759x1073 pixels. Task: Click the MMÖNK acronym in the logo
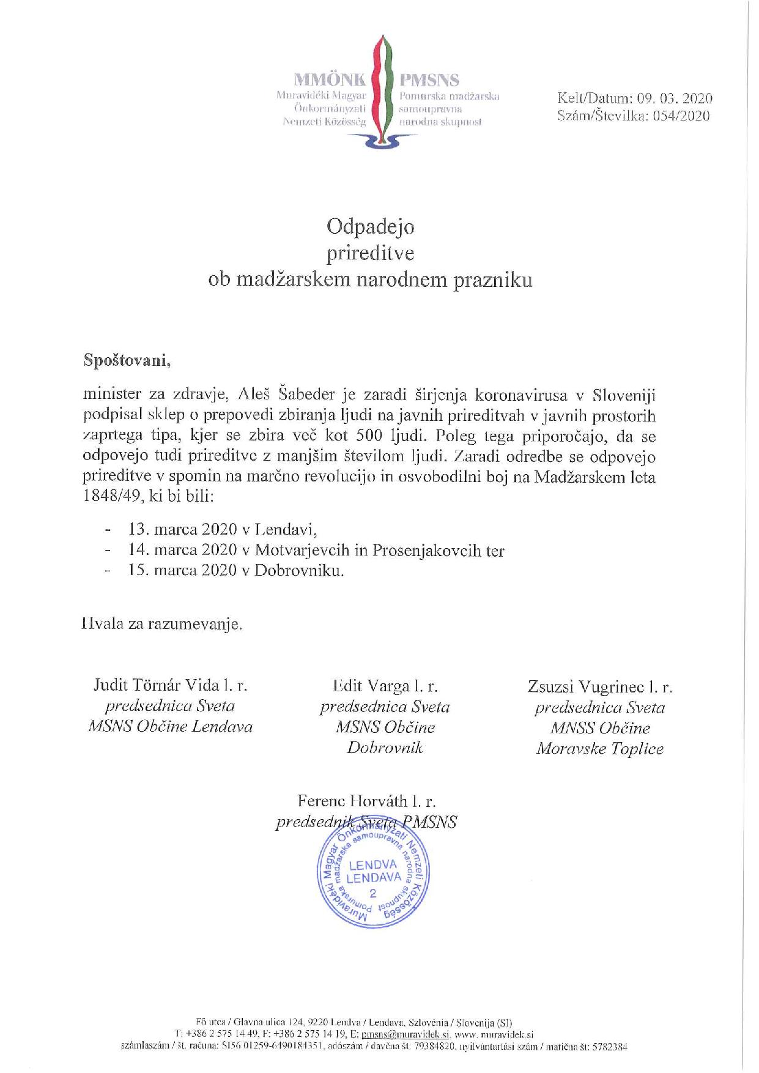tap(330, 80)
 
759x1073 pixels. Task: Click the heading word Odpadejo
tap(370, 227)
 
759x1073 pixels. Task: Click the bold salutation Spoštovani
tap(127, 360)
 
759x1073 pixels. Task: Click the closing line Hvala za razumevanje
tap(162, 625)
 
